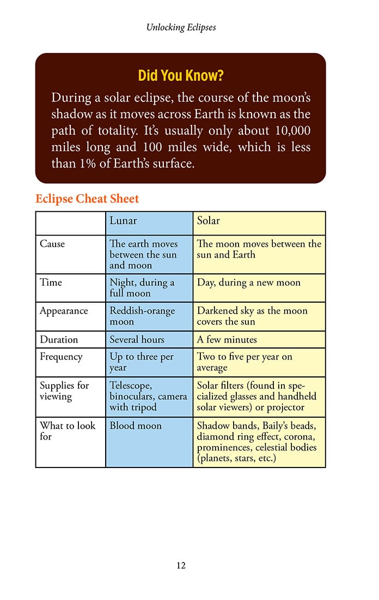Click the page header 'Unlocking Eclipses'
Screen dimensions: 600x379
pos(181,27)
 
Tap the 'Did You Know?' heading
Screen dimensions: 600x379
pos(181,75)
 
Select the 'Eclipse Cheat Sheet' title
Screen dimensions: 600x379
pos(87,199)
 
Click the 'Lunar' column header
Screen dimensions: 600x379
pos(123,221)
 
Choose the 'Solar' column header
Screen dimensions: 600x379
pos(209,221)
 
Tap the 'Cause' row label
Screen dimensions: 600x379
pos(52,244)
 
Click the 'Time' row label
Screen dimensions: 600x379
pos(51,283)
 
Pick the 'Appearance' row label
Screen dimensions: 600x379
pos(64,311)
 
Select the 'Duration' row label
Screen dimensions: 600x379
pos(59,339)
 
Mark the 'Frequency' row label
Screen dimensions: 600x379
pos(61,357)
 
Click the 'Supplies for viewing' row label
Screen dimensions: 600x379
pos(64,391)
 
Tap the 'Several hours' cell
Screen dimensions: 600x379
pos(137,339)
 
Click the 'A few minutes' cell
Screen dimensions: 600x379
pos(227,339)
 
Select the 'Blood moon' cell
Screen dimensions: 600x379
pos(136,425)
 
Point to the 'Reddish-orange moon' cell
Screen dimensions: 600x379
pos(142,316)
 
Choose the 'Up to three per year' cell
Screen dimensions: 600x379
pos(142,362)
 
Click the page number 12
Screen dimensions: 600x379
pos(181,566)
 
